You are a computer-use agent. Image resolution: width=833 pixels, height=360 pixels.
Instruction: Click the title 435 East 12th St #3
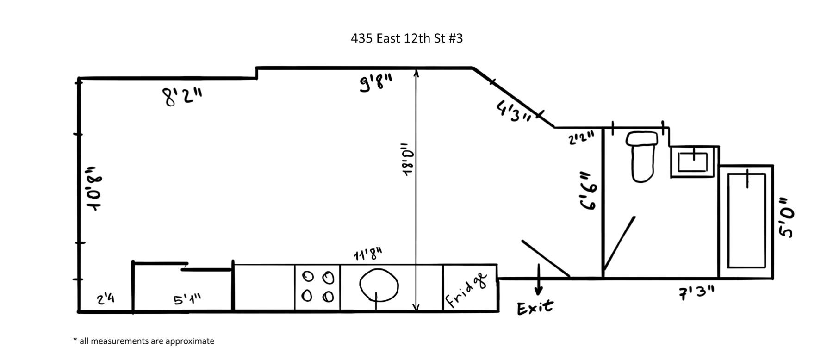(x=407, y=38)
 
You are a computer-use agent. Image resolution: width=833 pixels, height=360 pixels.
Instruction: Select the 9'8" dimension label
(x=376, y=84)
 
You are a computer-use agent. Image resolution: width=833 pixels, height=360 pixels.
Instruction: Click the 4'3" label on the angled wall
(x=514, y=112)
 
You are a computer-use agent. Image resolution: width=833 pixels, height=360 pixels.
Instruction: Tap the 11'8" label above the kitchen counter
(x=368, y=254)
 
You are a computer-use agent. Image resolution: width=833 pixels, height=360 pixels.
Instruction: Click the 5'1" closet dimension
(x=187, y=299)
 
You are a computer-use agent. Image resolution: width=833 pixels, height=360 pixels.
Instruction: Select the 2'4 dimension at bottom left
(x=106, y=299)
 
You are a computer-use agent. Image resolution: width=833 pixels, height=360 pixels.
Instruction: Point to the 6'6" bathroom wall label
(x=589, y=191)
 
